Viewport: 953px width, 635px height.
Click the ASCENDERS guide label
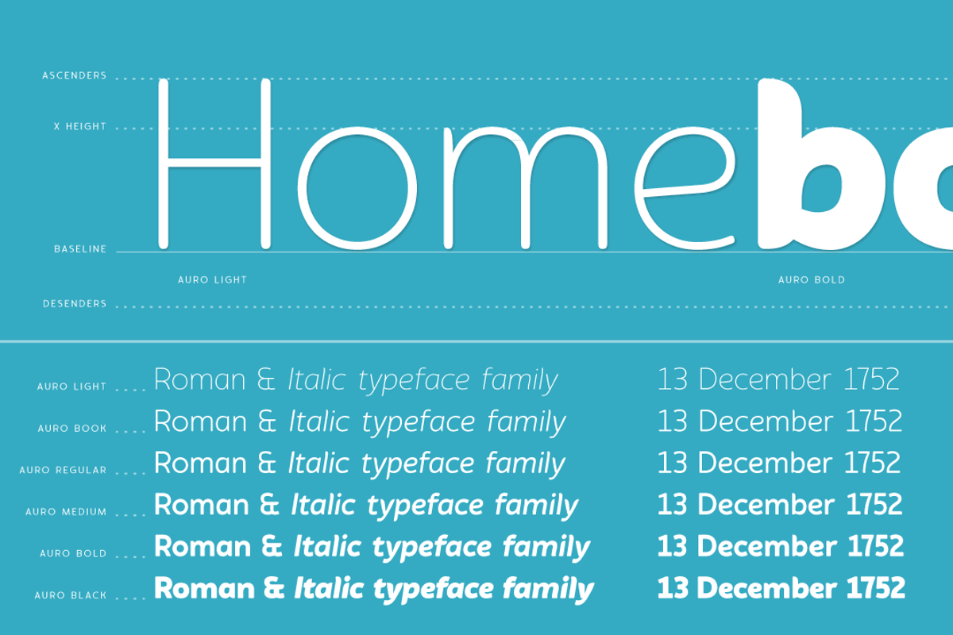coord(74,76)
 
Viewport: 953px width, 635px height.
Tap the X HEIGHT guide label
coord(79,126)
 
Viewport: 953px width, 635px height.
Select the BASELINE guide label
coord(79,249)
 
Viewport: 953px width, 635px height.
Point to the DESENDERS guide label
coord(74,304)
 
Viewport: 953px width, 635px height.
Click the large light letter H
coord(214,163)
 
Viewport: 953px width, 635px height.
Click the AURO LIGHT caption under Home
coord(212,280)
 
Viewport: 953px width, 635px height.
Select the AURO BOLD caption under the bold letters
coord(811,280)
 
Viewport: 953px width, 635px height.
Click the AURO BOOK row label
coord(71,429)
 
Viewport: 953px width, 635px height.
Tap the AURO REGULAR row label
coord(63,471)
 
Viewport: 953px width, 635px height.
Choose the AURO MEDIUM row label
coord(66,512)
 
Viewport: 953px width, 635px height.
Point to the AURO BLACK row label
coord(70,595)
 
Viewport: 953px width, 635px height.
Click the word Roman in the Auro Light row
coord(199,380)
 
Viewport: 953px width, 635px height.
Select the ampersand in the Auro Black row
coord(273,589)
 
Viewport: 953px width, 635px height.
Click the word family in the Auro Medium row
coord(537,506)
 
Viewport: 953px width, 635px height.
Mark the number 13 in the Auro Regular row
coord(671,463)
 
